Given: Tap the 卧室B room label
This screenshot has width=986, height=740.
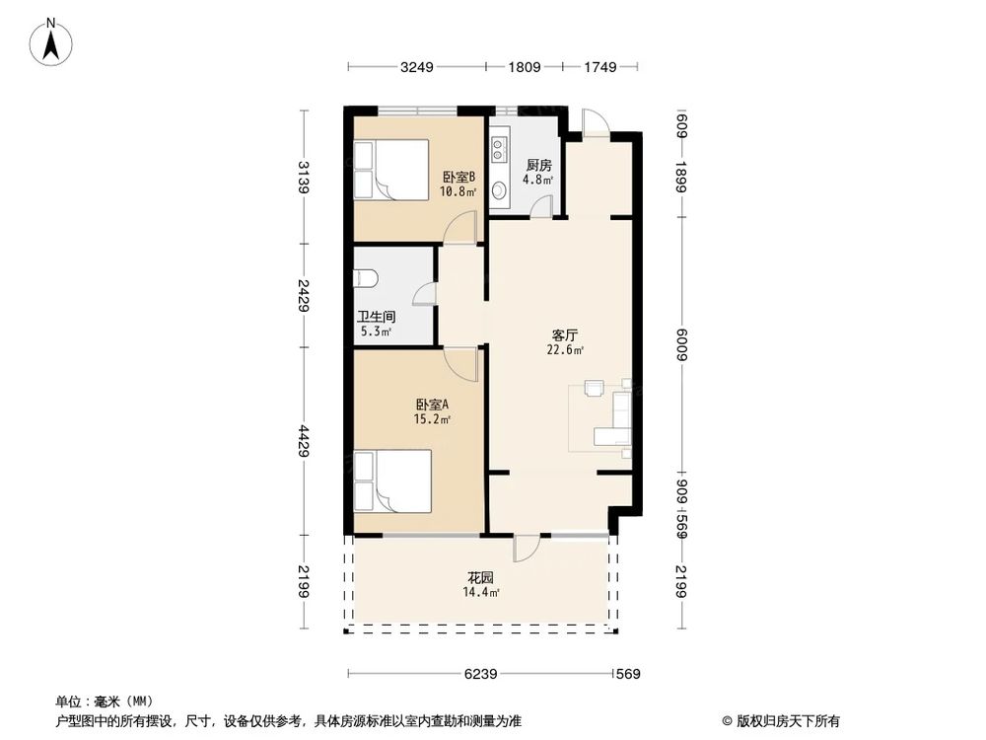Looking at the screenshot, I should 458,178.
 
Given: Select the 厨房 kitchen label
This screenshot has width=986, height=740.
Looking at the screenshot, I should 537,165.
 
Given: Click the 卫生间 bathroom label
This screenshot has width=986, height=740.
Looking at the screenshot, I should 376,318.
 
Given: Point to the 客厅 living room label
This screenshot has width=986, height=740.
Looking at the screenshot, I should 564,335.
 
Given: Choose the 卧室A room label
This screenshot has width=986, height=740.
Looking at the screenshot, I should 432,405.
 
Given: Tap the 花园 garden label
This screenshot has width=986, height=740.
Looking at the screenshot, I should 480,577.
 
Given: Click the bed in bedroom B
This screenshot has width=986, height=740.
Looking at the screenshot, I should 391,170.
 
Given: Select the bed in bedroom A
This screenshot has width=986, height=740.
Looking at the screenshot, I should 391,481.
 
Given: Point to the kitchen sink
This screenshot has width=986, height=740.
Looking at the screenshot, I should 499,188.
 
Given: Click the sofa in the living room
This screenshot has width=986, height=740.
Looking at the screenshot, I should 621,420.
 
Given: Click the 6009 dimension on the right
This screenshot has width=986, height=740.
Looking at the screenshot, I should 680,345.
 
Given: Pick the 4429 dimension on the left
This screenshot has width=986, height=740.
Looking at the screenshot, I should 306,440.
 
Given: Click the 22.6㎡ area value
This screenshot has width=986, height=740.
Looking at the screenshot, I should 566,349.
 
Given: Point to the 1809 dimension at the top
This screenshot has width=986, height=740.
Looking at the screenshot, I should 524,67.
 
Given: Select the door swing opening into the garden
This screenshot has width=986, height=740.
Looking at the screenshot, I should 526,548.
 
